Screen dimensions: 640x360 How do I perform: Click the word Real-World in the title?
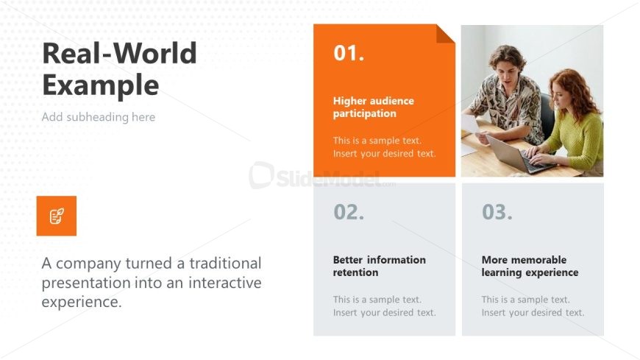[x=119, y=53]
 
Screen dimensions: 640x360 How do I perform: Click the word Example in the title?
[x=100, y=85]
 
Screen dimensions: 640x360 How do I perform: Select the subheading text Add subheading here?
[x=99, y=117]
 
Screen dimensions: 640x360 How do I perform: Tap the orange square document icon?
[x=57, y=216]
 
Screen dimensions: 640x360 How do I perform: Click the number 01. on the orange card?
[x=349, y=53]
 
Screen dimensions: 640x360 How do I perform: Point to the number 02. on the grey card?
[x=349, y=212]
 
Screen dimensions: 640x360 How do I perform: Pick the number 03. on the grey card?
[x=497, y=212]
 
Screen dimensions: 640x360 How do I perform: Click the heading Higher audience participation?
[x=374, y=107]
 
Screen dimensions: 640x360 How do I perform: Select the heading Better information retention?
[x=379, y=266]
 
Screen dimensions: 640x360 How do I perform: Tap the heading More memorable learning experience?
[x=530, y=266]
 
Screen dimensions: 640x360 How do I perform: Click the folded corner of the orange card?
[x=444, y=35]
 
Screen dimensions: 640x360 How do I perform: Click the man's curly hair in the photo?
[x=508, y=55]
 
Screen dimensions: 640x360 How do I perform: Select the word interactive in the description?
[x=225, y=283]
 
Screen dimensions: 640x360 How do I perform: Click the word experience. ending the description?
[x=82, y=302]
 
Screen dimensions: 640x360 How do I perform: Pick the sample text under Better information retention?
[x=385, y=306]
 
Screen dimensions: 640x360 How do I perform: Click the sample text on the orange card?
[x=385, y=147]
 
